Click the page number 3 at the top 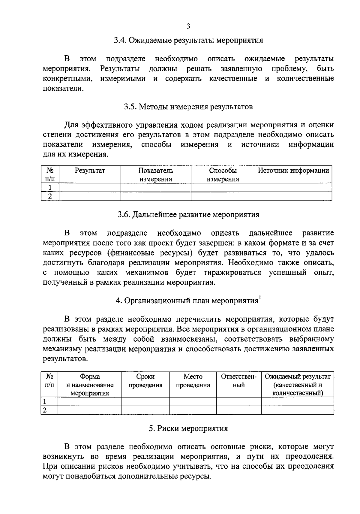(x=188, y=26)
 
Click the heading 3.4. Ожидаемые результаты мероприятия (x=188, y=41)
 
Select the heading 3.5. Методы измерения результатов (x=188, y=107)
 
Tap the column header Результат (x=90, y=171)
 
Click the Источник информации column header (x=293, y=171)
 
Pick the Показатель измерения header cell (x=156, y=175)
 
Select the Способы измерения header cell (x=223, y=175)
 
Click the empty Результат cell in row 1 (x=90, y=188)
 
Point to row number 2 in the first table (x=50, y=196)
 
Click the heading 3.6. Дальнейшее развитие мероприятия (x=188, y=215)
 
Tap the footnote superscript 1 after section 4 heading (x=260, y=298)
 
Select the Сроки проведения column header (x=145, y=381)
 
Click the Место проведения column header (x=193, y=381)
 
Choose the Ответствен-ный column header (x=239, y=381)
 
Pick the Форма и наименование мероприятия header (x=90, y=385)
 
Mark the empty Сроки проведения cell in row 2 (x=145, y=410)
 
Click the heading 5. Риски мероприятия (x=188, y=428)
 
